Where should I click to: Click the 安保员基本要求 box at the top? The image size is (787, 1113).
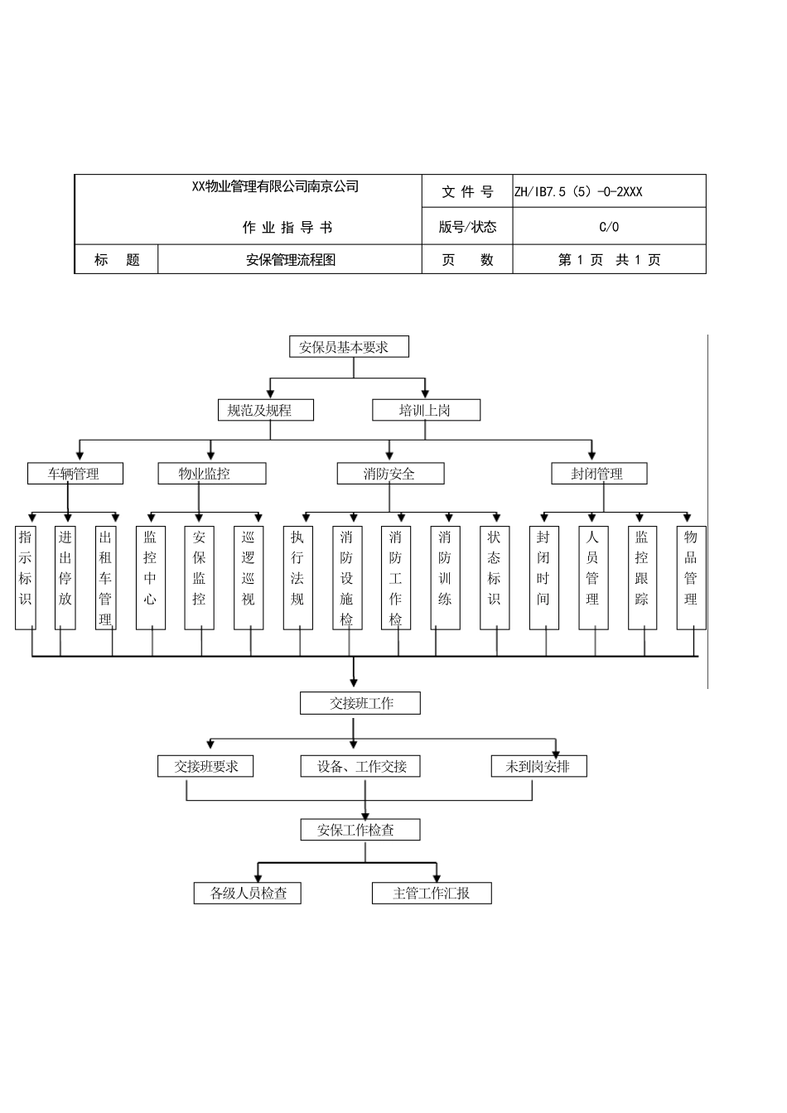click(x=349, y=347)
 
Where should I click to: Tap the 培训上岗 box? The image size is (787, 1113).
click(x=426, y=410)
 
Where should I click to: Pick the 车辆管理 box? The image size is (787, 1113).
click(x=75, y=474)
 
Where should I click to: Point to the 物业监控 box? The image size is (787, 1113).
click(x=211, y=474)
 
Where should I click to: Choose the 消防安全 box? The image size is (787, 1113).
click(x=390, y=474)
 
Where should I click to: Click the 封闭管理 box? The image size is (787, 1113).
click(x=598, y=474)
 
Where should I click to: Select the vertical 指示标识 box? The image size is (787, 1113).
click(x=26, y=577)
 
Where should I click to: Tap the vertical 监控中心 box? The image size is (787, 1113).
click(x=150, y=577)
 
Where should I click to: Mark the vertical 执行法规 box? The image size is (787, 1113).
click(x=297, y=577)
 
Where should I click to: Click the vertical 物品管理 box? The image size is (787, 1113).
click(x=691, y=577)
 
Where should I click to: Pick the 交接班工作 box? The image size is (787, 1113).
click(x=360, y=703)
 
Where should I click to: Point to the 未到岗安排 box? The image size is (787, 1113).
click(x=538, y=766)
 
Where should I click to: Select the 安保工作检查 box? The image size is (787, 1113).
click(x=360, y=830)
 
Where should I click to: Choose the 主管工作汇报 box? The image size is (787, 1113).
click(x=432, y=893)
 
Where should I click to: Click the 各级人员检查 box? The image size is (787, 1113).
click(x=247, y=893)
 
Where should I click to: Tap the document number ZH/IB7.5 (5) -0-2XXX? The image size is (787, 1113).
click(x=578, y=192)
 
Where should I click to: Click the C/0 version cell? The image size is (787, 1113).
click(x=609, y=227)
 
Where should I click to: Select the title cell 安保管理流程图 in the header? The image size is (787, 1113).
click(x=290, y=260)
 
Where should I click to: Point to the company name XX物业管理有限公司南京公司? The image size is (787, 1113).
click(x=275, y=187)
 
